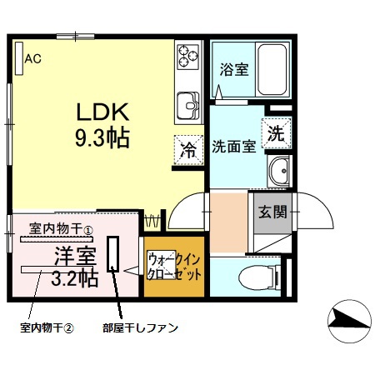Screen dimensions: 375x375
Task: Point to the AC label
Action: [x=32, y=58]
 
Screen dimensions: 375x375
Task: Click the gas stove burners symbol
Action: [x=187, y=58]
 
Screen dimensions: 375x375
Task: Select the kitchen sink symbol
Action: [x=186, y=106]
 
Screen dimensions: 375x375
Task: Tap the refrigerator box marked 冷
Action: [x=188, y=150]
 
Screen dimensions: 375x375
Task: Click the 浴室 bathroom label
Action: [x=232, y=69]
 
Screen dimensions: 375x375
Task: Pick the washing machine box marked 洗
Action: [x=276, y=132]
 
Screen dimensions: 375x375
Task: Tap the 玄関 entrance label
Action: [x=271, y=211]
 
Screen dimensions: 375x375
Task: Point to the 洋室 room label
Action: [x=74, y=254]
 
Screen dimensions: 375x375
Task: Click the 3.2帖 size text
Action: [x=75, y=277]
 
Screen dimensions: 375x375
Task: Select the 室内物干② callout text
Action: [x=47, y=327]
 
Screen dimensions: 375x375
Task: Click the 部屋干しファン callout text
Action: [x=140, y=327]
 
